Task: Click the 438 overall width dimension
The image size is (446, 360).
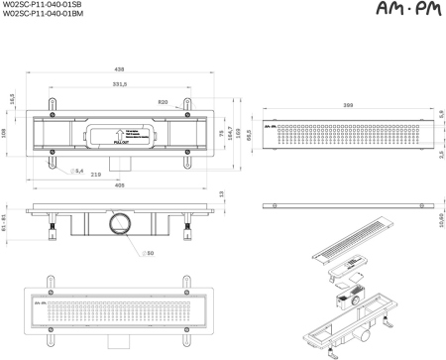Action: (119, 70)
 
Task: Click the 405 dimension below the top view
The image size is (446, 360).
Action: (119, 184)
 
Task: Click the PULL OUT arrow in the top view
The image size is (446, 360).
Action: (118, 134)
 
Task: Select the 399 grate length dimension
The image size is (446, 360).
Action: (345, 103)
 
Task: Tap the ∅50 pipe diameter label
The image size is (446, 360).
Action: (149, 254)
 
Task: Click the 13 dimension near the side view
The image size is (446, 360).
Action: (220, 194)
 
